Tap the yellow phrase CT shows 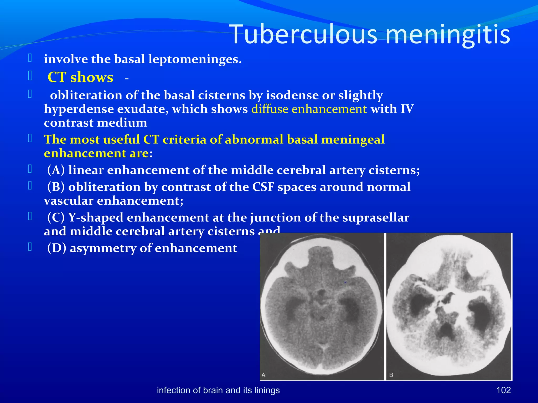pyautogui.click(x=80, y=77)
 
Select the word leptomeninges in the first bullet pyautogui.click(x=195, y=59)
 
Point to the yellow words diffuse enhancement pyautogui.click(x=309, y=109)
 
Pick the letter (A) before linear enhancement pyautogui.click(x=56, y=170)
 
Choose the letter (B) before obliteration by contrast pyautogui.click(x=56, y=187)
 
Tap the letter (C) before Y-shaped pyautogui.click(x=56, y=218)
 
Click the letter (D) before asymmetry pyautogui.click(x=56, y=248)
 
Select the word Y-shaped pyautogui.click(x=96, y=218)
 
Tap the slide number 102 pyautogui.click(x=503, y=390)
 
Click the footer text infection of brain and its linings pyautogui.click(x=218, y=390)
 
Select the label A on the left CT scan pyautogui.click(x=263, y=375)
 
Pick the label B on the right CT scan pyautogui.click(x=391, y=375)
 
